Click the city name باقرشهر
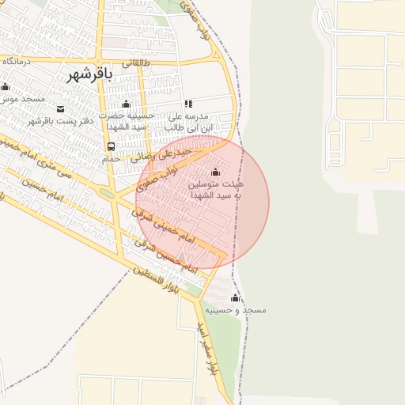point(87,74)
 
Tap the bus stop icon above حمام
point(111,146)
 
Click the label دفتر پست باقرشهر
point(61,120)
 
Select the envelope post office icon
point(61,108)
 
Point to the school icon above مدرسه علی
point(188,104)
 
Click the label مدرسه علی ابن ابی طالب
point(188,120)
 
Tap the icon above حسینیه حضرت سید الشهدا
point(126,104)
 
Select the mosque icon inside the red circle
point(216,172)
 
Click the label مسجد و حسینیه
point(235,311)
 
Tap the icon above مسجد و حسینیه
point(235,298)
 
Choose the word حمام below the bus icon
point(111,159)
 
